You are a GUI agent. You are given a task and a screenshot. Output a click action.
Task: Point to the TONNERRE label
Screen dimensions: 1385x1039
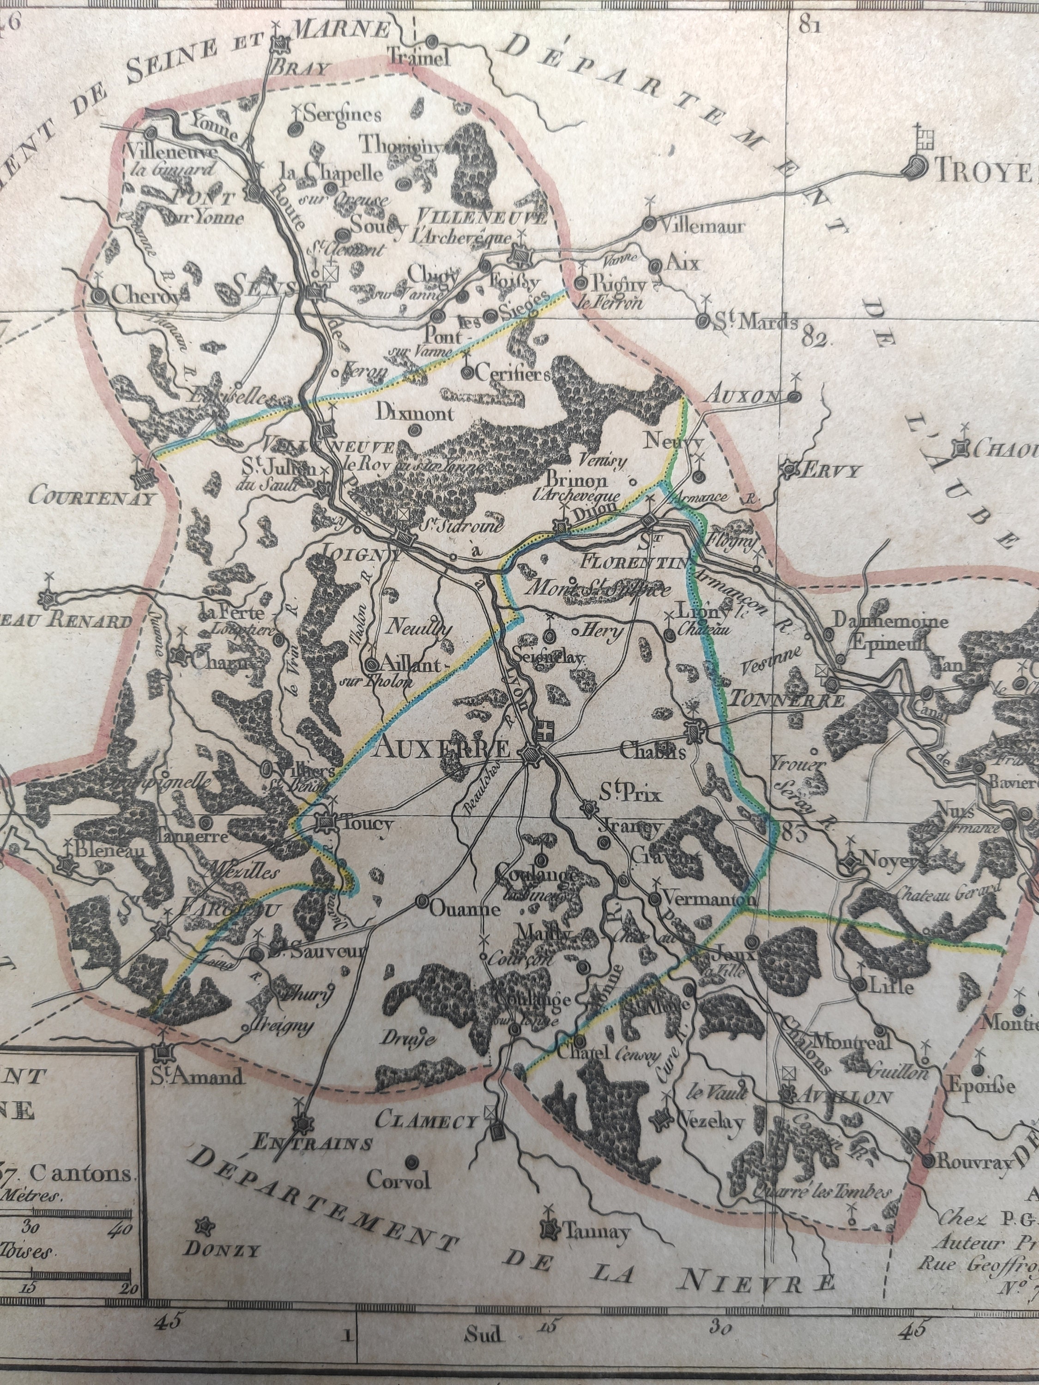coord(787,700)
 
